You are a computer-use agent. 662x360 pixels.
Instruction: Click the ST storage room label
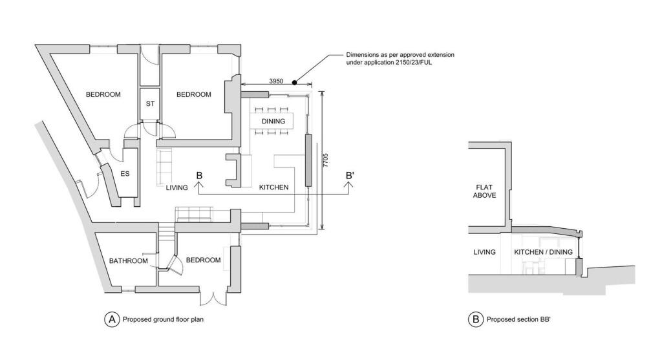[x=150, y=103]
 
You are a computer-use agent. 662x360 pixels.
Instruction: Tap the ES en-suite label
[x=125, y=173]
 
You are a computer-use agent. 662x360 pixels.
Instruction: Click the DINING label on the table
[x=273, y=122]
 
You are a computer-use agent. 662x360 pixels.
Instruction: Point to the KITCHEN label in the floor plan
[x=273, y=187]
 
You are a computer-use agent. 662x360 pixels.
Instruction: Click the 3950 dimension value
[x=276, y=81]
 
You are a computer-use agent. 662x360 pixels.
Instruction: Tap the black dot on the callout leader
[x=294, y=82]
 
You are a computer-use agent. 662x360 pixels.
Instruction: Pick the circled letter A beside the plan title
[x=112, y=319]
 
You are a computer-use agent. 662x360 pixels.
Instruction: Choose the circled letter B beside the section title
[x=475, y=319]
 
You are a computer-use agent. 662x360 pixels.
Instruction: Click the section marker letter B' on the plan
[x=350, y=175]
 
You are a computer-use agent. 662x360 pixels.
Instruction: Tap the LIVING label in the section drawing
[x=484, y=252]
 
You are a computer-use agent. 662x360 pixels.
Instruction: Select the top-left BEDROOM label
[x=103, y=95]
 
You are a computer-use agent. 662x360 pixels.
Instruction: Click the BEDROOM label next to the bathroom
[x=203, y=260]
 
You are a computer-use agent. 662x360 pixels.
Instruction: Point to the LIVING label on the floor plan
[x=176, y=187]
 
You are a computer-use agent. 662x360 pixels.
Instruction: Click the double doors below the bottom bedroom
[x=213, y=299]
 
